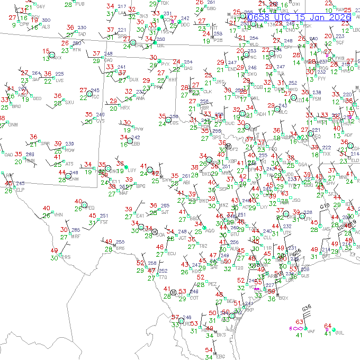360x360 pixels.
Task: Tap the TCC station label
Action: click(96, 97)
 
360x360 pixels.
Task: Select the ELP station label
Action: click(20, 190)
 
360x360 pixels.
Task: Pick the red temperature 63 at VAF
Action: click(299, 322)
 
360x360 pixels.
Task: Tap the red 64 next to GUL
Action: click(327, 326)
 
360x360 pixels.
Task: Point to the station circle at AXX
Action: click(52, 55)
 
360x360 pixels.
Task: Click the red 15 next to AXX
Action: click(46, 51)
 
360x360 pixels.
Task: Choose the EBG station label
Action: click(221, 356)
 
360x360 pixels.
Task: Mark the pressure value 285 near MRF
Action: click(76, 230)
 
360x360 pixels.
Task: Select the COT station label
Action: click(194, 298)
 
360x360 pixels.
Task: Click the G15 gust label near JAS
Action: click(325, 206)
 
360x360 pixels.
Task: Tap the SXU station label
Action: click(69, 102)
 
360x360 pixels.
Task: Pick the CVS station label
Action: click(100, 121)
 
